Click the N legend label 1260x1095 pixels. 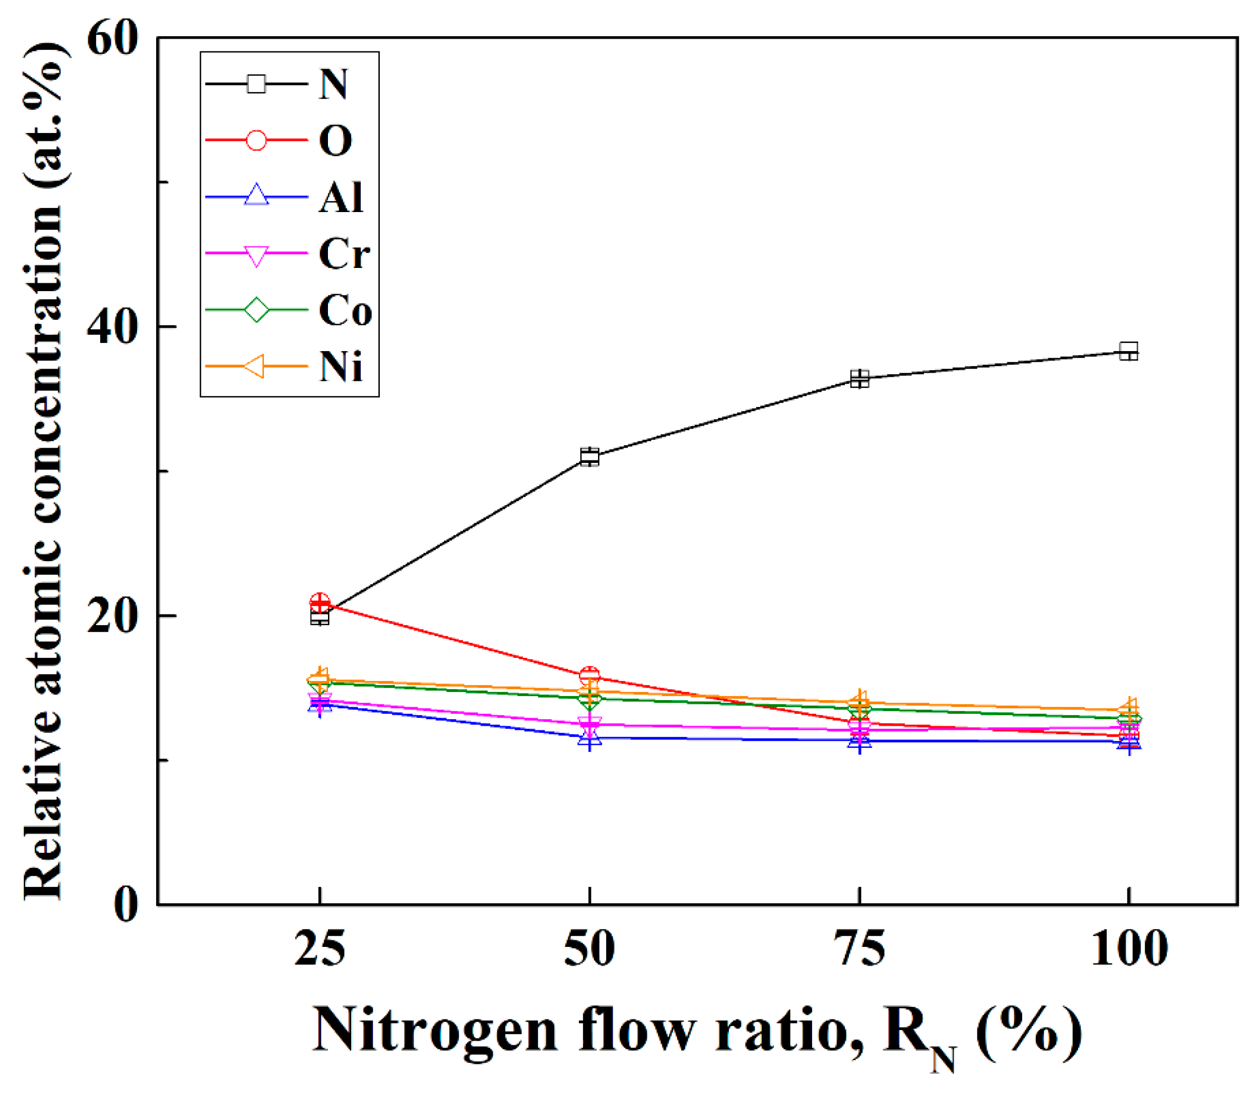coord(333,84)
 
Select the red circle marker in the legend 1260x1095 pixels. coord(256,140)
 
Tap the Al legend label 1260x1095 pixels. coord(341,197)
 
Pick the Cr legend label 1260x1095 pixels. coord(344,253)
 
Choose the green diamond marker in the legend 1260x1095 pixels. coord(256,310)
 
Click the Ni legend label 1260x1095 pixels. coord(341,367)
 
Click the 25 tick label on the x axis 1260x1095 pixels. coord(319,949)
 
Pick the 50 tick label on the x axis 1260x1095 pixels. coord(589,949)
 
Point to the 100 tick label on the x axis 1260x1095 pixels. coord(1129,949)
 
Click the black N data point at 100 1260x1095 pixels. coord(1129,352)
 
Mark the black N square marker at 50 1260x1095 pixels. coord(589,456)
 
